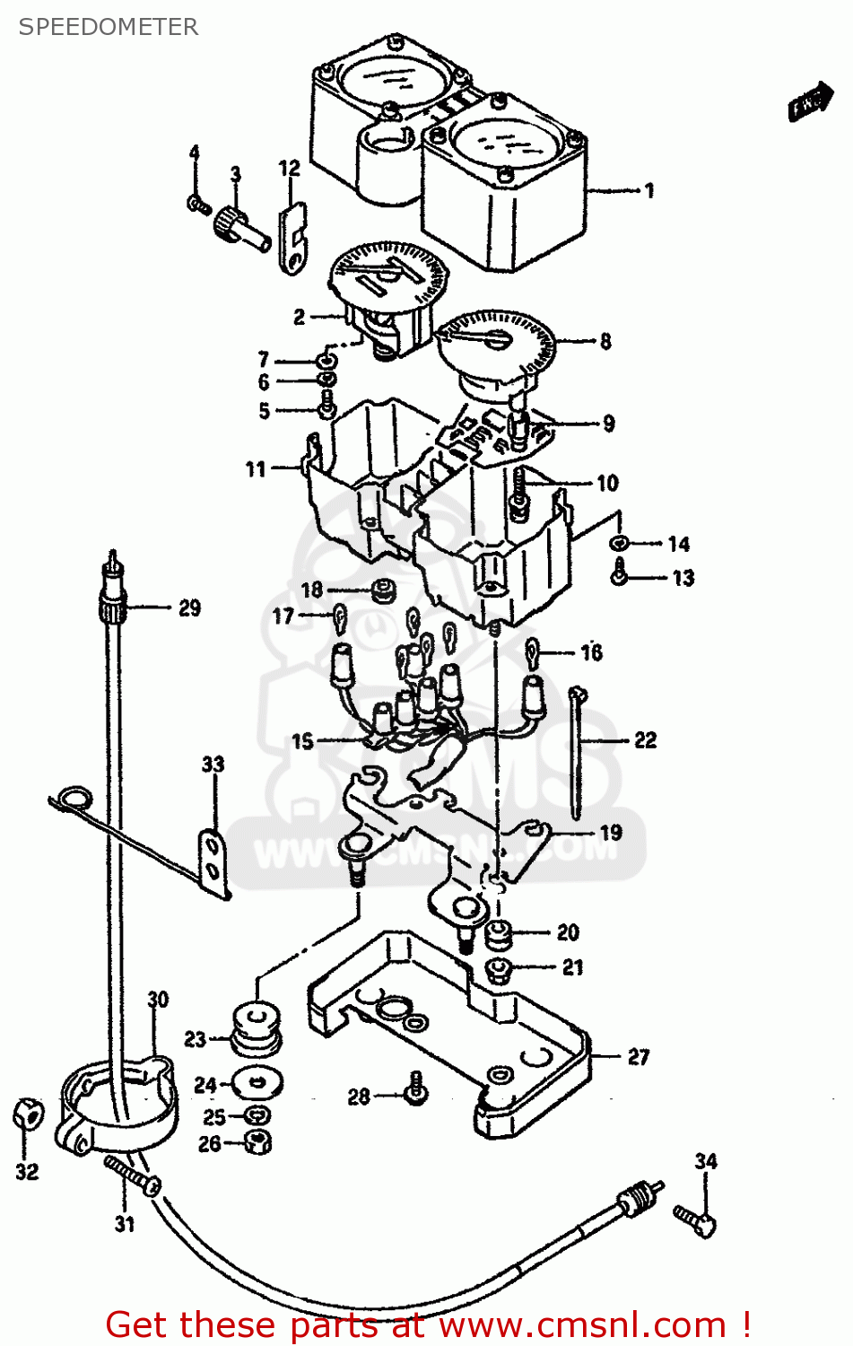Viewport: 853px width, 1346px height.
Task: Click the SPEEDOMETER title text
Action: click(108, 27)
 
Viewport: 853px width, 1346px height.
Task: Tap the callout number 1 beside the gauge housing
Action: click(648, 190)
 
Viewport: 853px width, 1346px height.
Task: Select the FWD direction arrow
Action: click(809, 102)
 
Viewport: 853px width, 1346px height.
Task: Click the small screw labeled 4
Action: click(197, 205)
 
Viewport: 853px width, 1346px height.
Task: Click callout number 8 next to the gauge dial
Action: click(605, 341)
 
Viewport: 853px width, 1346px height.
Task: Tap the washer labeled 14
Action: click(620, 543)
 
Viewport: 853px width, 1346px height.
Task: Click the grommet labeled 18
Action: click(387, 591)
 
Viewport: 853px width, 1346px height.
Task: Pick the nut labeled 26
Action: click(258, 1141)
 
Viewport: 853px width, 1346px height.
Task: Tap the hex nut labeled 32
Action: click(27, 1115)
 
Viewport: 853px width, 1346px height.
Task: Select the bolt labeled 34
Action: click(695, 1219)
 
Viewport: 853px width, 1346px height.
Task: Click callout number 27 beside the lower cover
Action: click(638, 1056)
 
